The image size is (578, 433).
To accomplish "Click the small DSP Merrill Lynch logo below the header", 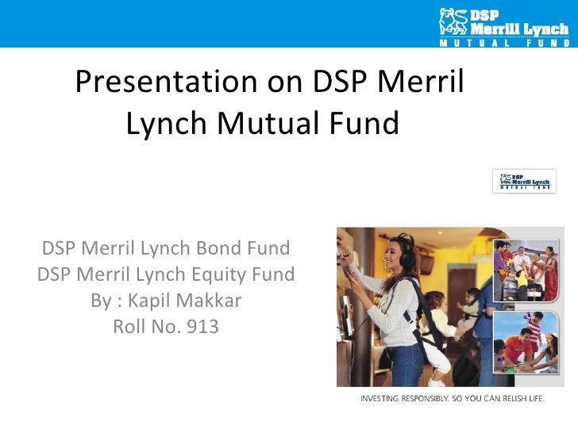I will click(x=525, y=181).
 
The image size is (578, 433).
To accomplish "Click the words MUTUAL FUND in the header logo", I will click(x=505, y=41).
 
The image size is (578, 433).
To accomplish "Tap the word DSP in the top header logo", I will click(x=486, y=13).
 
